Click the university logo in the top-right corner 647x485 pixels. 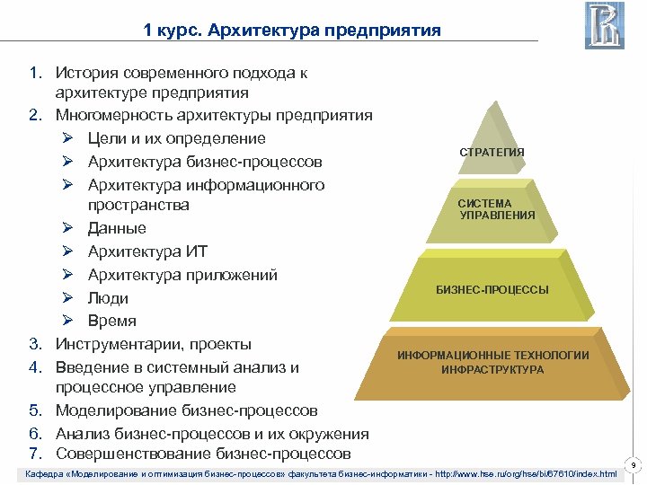pos(604,25)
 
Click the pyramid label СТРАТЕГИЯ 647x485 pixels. pos(492,153)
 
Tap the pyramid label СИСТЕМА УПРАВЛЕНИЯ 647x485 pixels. pos(497,209)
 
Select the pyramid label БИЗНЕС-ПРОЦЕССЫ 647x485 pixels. pos(492,290)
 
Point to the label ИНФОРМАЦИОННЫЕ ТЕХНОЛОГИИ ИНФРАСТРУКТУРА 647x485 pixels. pos(493,362)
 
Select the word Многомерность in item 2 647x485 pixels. pos(111,115)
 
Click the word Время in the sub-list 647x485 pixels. pos(112,321)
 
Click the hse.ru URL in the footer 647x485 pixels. pos(530,473)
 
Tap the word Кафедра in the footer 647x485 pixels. pos(44,473)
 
